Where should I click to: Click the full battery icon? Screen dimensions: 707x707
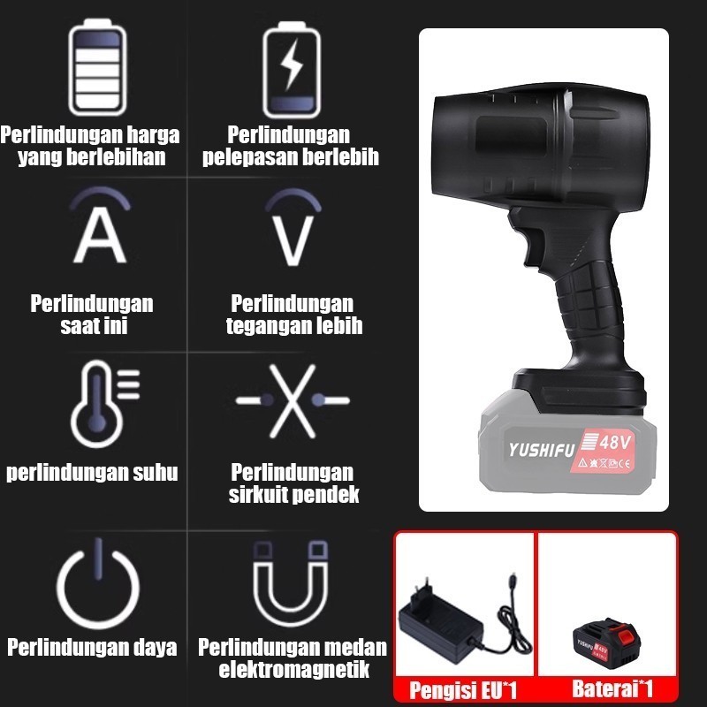tap(97, 67)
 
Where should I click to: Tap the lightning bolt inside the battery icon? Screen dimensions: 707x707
tap(291, 64)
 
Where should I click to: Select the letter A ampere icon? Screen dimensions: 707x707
tap(100, 225)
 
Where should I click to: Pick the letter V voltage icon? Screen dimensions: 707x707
tap(293, 228)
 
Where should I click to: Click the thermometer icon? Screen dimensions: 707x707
tap(104, 404)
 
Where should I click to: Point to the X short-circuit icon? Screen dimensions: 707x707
tap(293, 401)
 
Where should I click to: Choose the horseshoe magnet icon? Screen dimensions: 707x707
tap(291, 583)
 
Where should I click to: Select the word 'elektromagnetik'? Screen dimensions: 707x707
tap(294, 669)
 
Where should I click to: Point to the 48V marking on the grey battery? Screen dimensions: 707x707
tap(615, 443)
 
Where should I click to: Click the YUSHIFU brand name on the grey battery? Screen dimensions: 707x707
tap(542, 450)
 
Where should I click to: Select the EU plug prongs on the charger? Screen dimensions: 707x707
tap(421, 588)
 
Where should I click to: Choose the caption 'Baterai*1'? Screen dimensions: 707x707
tap(612, 688)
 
